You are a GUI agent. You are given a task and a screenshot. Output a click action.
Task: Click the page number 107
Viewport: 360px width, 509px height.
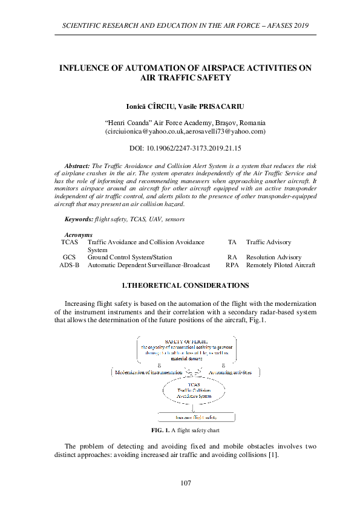[x=186, y=483]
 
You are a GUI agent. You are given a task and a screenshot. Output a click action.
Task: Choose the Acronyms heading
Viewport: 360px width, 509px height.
[x=78, y=234]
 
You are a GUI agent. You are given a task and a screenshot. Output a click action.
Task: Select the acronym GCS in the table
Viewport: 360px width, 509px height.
[x=69, y=257]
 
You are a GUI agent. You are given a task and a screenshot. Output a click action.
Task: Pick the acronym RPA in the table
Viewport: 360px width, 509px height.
[x=232, y=265]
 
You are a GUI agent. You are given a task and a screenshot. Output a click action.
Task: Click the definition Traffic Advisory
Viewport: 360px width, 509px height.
[x=268, y=242]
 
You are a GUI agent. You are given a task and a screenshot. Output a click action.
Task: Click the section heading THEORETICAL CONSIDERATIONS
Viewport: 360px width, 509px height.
[x=185, y=284]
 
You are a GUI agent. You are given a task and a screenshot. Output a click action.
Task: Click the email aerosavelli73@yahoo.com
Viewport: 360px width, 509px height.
[x=227, y=131]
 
